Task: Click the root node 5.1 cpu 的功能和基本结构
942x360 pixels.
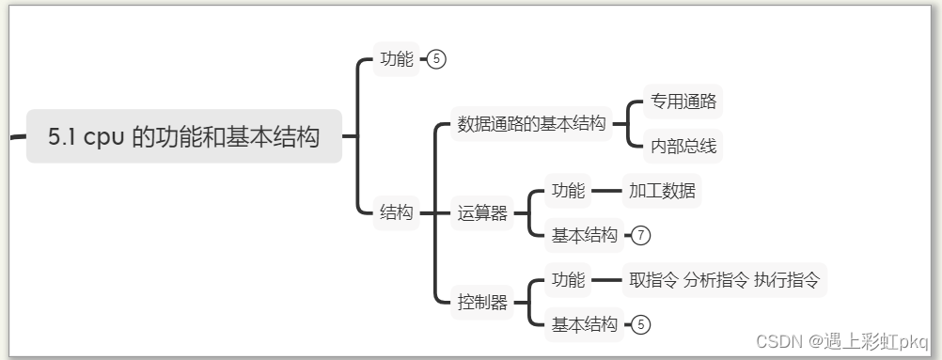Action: click(183, 137)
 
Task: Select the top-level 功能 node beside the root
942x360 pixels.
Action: click(396, 59)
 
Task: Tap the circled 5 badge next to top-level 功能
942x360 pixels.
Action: click(436, 59)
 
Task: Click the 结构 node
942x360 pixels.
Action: click(396, 213)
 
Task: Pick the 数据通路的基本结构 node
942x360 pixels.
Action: click(531, 124)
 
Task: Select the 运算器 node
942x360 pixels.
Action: click(482, 213)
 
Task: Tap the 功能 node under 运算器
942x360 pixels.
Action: click(568, 191)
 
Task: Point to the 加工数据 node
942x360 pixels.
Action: click(664, 191)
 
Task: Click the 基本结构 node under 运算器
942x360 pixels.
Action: click(585, 235)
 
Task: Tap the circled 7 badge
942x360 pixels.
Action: click(641, 235)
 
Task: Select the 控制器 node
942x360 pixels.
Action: click(482, 303)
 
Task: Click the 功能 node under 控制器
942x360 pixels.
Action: click(568, 279)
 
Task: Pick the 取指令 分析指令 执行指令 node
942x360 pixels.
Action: click(724, 279)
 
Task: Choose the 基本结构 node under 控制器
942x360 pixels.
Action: click(585, 324)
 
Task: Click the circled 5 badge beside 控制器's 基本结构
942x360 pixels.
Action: click(641, 324)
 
